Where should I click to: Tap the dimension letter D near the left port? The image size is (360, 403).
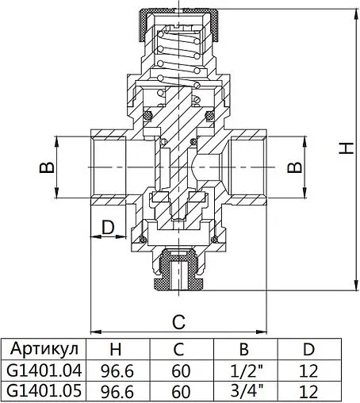tap(109, 228)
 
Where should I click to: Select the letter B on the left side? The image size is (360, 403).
tap(47, 168)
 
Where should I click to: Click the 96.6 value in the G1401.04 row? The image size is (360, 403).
tap(117, 370)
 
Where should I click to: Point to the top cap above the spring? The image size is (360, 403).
tap(179, 14)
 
